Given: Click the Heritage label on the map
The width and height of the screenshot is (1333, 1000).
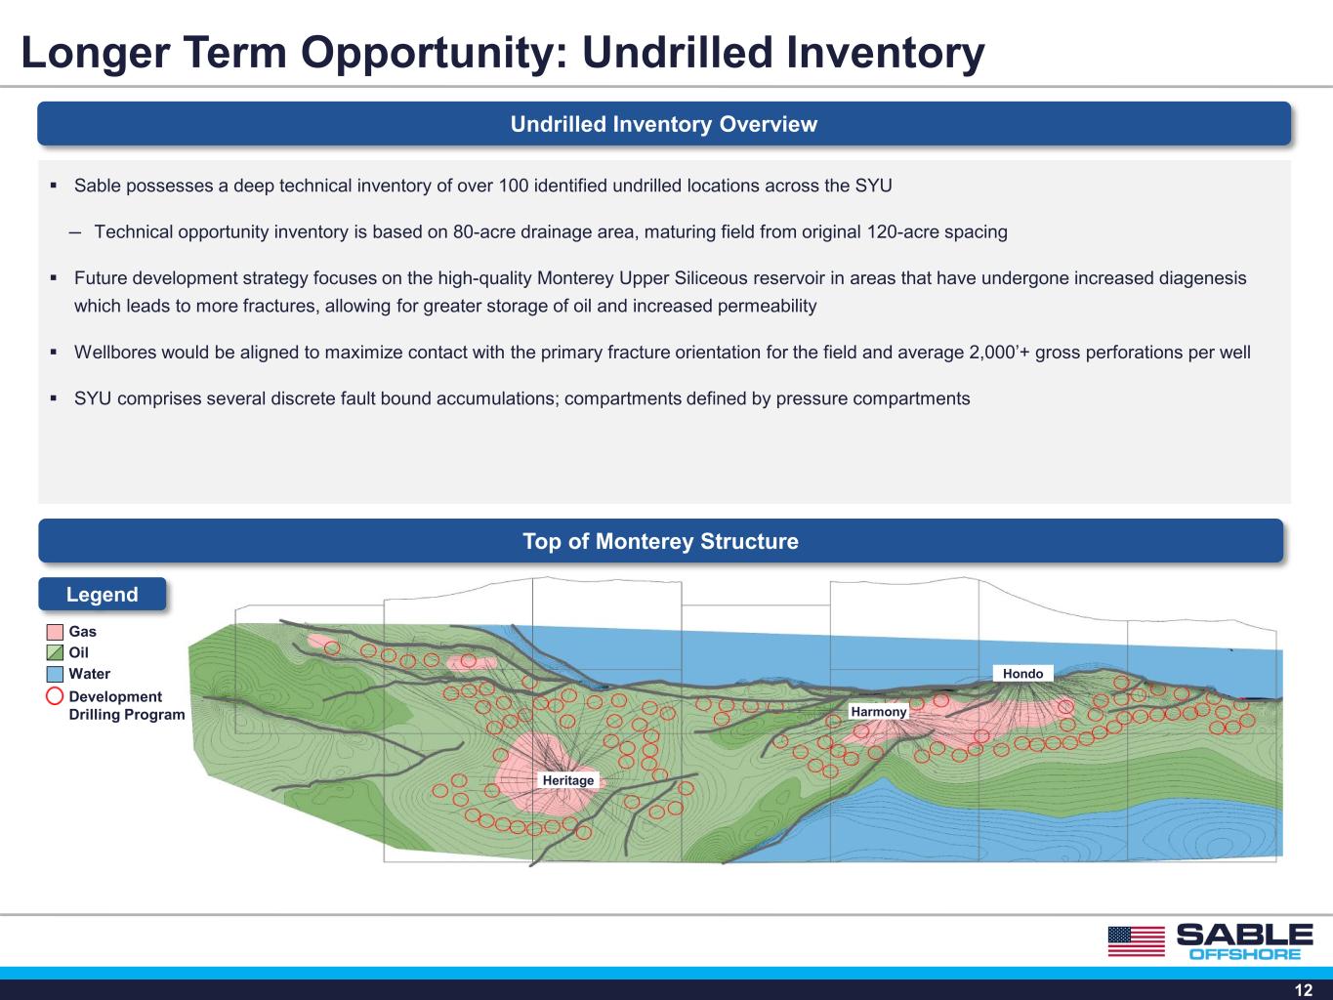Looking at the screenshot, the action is pos(567,780).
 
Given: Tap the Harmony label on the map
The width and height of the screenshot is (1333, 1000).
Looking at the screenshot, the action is pos(878,712).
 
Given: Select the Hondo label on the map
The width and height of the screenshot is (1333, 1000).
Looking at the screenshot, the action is pos(1022,674).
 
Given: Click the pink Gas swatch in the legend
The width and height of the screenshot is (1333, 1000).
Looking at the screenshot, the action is pos(55,632).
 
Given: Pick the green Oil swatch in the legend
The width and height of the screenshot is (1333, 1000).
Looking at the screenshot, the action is pos(55,652).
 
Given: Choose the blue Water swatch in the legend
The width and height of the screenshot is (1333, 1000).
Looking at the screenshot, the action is pos(55,674).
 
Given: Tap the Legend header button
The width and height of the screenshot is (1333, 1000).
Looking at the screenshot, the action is pos(102,594).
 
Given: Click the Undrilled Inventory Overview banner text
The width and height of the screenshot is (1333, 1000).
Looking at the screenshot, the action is pos(664,124).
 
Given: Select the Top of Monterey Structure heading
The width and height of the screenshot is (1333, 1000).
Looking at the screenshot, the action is pos(661,541).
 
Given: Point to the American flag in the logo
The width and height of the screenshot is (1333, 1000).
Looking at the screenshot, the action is pos(1137,941).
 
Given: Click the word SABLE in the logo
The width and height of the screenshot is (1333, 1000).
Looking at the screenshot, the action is pos(1245,935).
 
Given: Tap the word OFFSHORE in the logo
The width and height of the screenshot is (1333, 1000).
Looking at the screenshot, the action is pos(1245,954).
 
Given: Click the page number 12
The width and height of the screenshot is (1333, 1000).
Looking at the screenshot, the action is pos(1304,990).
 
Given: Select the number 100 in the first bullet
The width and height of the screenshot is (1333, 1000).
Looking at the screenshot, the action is pos(513,186).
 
